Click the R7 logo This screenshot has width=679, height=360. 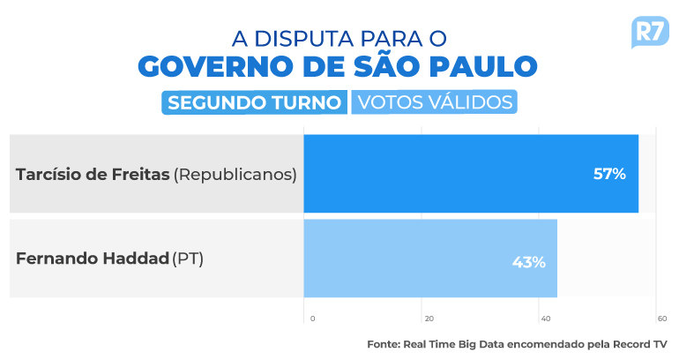click(x=650, y=32)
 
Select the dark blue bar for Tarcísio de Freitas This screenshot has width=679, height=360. click(x=471, y=173)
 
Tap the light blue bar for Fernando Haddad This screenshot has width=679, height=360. click(x=430, y=259)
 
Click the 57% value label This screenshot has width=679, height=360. click(x=609, y=174)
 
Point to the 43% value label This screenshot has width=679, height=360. click(x=529, y=262)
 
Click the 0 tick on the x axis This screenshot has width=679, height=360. click(x=313, y=319)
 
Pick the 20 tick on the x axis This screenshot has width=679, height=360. click(x=429, y=319)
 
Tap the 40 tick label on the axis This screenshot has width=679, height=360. click(x=546, y=319)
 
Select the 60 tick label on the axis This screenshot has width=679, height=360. click(x=662, y=319)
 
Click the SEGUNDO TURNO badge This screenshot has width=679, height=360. click(x=254, y=102)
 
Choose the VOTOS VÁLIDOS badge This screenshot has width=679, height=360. click(x=435, y=102)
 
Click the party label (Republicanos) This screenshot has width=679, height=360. click(x=235, y=174)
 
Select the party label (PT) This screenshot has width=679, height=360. click(x=188, y=259)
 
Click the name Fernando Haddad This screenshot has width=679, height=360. click(x=93, y=259)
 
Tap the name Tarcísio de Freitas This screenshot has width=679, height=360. click(x=93, y=174)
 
